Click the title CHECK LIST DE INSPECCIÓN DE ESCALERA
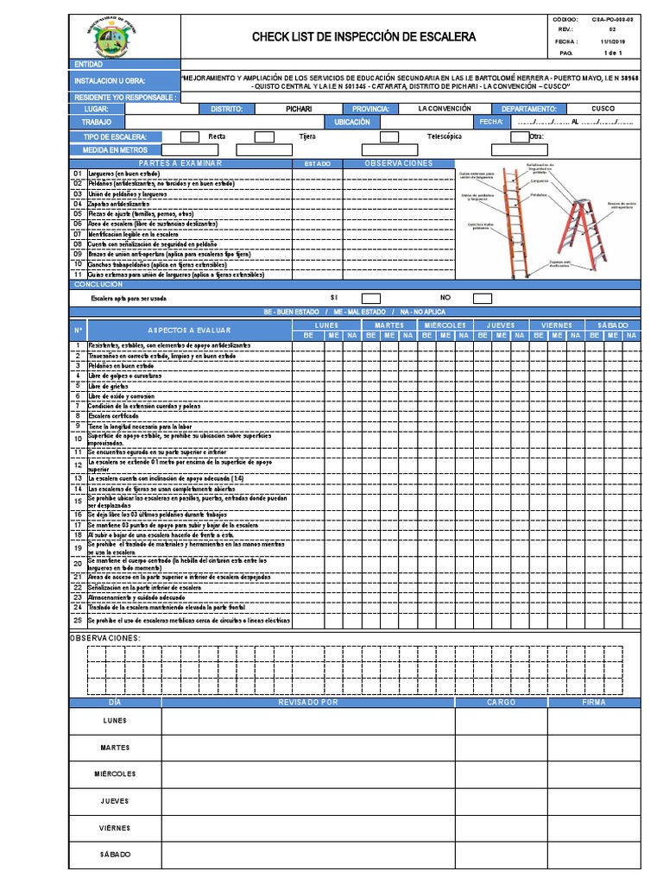click(363, 37)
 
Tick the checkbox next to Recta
click(190, 136)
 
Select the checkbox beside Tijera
click(264, 136)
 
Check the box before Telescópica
click(389, 136)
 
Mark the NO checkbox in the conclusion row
click(483, 299)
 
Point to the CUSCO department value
click(603, 110)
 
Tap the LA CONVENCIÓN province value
click(445, 110)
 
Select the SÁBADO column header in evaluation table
click(613, 325)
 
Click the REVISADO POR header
click(308, 702)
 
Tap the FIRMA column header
click(595, 702)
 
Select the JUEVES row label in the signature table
click(115, 800)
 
